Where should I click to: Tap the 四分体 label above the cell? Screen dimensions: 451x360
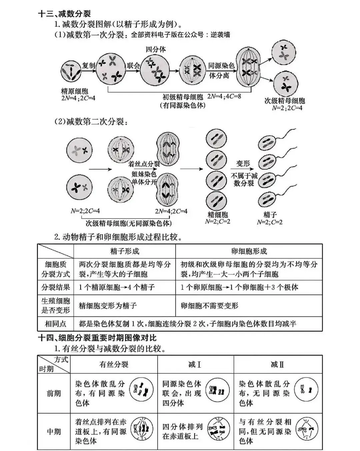pyautogui.click(x=156, y=49)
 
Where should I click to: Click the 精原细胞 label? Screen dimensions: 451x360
pyautogui.click(x=75, y=91)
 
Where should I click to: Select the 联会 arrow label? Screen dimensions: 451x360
pyautogui.click(x=133, y=65)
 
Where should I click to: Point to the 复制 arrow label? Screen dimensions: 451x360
pyautogui.click(x=89, y=65)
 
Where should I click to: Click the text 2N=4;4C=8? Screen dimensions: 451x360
pyautogui.click(x=224, y=96)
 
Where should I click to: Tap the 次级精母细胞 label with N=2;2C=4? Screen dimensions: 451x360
pyautogui.click(x=284, y=101)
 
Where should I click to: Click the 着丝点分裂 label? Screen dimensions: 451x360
pyautogui.click(x=144, y=164)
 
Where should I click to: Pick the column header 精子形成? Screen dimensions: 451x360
pyautogui.click(x=125, y=251)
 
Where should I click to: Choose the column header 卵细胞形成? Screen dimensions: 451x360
pyautogui.click(x=249, y=251)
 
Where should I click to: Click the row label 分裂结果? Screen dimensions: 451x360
pyautogui.click(x=56, y=287)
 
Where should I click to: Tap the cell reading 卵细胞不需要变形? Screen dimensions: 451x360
pyautogui.click(x=210, y=305)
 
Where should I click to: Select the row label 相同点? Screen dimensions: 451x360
pyautogui.click(x=56, y=323)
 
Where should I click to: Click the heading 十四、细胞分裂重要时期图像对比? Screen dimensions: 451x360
pyautogui.click(x=97, y=338)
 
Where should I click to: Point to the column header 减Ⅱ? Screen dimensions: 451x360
pyautogui.click(x=278, y=364)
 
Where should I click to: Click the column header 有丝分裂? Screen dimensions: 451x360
pyautogui.click(x=114, y=364)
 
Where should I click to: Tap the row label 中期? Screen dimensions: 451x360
pyautogui.click(x=54, y=431)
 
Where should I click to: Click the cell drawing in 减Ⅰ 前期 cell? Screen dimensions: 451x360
pyautogui.click(x=217, y=390)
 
